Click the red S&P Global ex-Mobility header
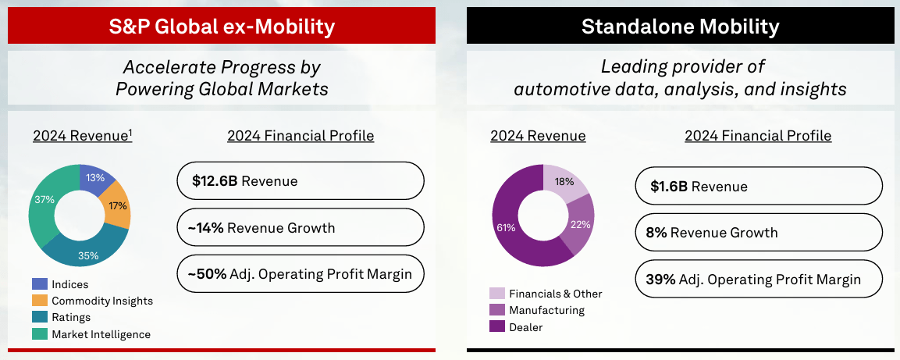[222, 25]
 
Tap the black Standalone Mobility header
[681, 25]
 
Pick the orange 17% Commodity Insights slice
[118, 205]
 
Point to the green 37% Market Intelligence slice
[44, 201]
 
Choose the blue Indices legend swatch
[40, 283]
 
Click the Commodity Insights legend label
[102, 301]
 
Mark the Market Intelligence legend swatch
[40, 334]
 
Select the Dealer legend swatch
[497, 327]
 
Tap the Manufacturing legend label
[546, 311]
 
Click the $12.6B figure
[215, 181]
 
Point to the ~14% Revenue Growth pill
[301, 227]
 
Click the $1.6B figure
[669, 186]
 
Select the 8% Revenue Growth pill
[758, 233]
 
